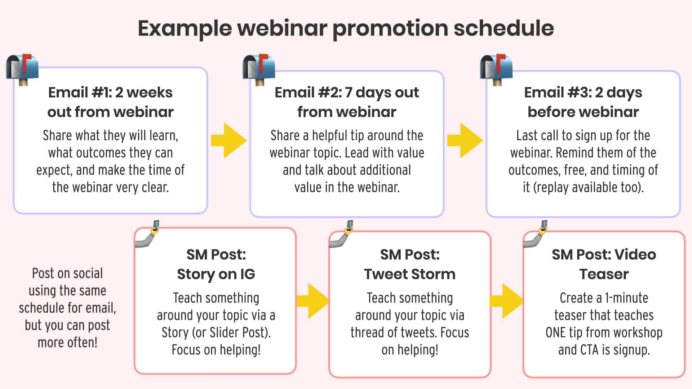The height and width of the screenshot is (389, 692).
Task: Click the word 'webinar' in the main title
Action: click(282, 28)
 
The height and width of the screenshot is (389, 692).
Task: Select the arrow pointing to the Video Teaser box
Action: click(506, 301)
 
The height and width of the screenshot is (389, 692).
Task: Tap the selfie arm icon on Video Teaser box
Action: click(536, 235)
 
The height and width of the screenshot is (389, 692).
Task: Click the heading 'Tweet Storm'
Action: click(409, 274)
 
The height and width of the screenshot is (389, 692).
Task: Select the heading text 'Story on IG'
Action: click(216, 274)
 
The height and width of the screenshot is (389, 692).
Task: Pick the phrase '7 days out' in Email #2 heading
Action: click(381, 93)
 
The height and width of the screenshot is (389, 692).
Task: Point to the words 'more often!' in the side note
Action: click(67, 343)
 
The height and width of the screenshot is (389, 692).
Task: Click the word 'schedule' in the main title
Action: click(504, 28)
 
